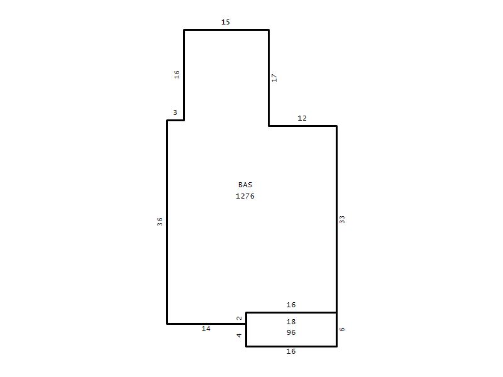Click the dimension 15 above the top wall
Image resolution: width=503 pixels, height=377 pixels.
pyautogui.click(x=226, y=22)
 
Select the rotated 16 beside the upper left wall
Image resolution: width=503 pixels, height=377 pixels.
pyautogui.click(x=177, y=75)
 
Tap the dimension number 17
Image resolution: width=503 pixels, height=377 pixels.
pyautogui.click(x=274, y=77)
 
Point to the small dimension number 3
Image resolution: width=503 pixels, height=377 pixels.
pyautogui.click(x=175, y=112)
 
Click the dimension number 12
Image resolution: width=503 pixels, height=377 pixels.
pyautogui.click(x=302, y=118)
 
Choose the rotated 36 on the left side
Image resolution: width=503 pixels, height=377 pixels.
pyautogui.click(x=160, y=222)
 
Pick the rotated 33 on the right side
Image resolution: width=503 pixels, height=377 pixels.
pyautogui.click(x=342, y=219)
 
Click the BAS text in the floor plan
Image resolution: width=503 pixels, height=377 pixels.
pyautogui.click(x=245, y=185)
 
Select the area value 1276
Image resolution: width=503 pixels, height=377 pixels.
pyautogui.click(x=245, y=196)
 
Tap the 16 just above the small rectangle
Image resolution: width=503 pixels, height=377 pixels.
pyautogui.click(x=291, y=305)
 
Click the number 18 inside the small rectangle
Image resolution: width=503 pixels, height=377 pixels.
pyautogui.click(x=291, y=322)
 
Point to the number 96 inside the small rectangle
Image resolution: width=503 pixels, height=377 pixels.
pyautogui.click(x=291, y=332)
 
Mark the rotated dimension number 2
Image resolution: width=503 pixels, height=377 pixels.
pyautogui.click(x=239, y=318)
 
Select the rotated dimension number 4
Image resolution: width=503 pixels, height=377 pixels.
pyautogui.click(x=239, y=336)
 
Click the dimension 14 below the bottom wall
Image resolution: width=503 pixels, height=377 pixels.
pyautogui.click(x=206, y=329)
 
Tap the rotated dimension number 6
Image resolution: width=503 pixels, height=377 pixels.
pyautogui.click(x=342, y=329)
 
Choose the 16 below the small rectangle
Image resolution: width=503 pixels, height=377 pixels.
pyautogui.click(x=291, y=351)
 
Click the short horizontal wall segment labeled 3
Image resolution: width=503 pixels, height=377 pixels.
pyautogui.click(x=175, y=120)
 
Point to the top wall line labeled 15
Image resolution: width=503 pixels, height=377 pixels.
pyautogui.click(x=226, y=30)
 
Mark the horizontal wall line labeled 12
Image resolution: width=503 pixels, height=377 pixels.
pyautogui.click(x=303, y=126)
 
